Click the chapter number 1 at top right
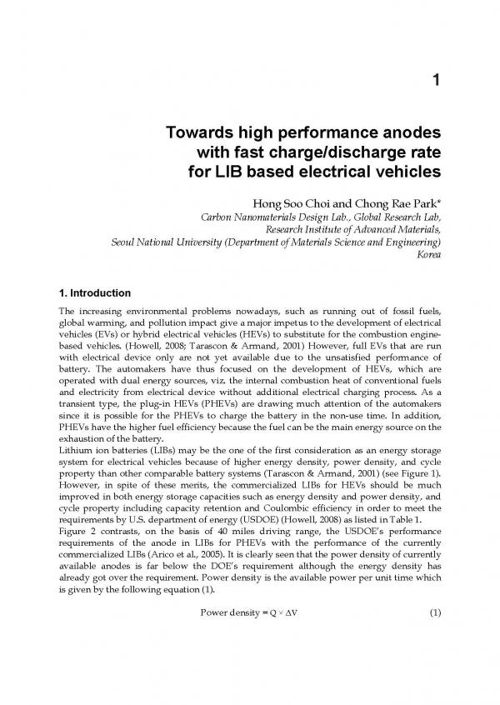436,80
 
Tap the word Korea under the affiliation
427,254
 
